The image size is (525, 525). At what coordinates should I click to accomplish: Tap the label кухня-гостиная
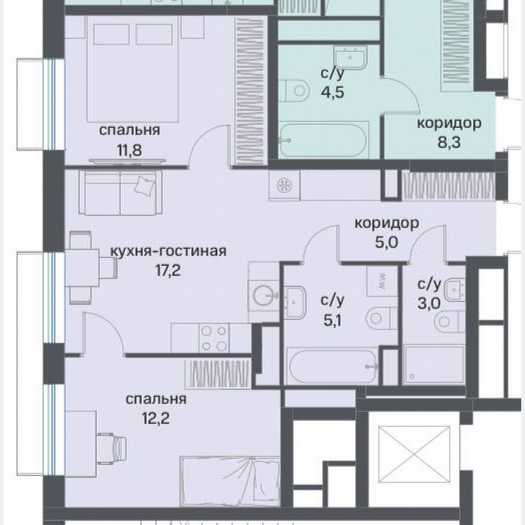(x=168, y=251)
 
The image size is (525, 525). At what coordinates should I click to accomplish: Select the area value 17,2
(x=168, y=268)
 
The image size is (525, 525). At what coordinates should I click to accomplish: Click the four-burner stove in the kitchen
(x=214, y=338)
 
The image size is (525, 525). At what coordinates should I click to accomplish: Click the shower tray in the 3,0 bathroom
(x=433, y=365)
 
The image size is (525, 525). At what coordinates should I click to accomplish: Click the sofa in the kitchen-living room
(x=120, y=193)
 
